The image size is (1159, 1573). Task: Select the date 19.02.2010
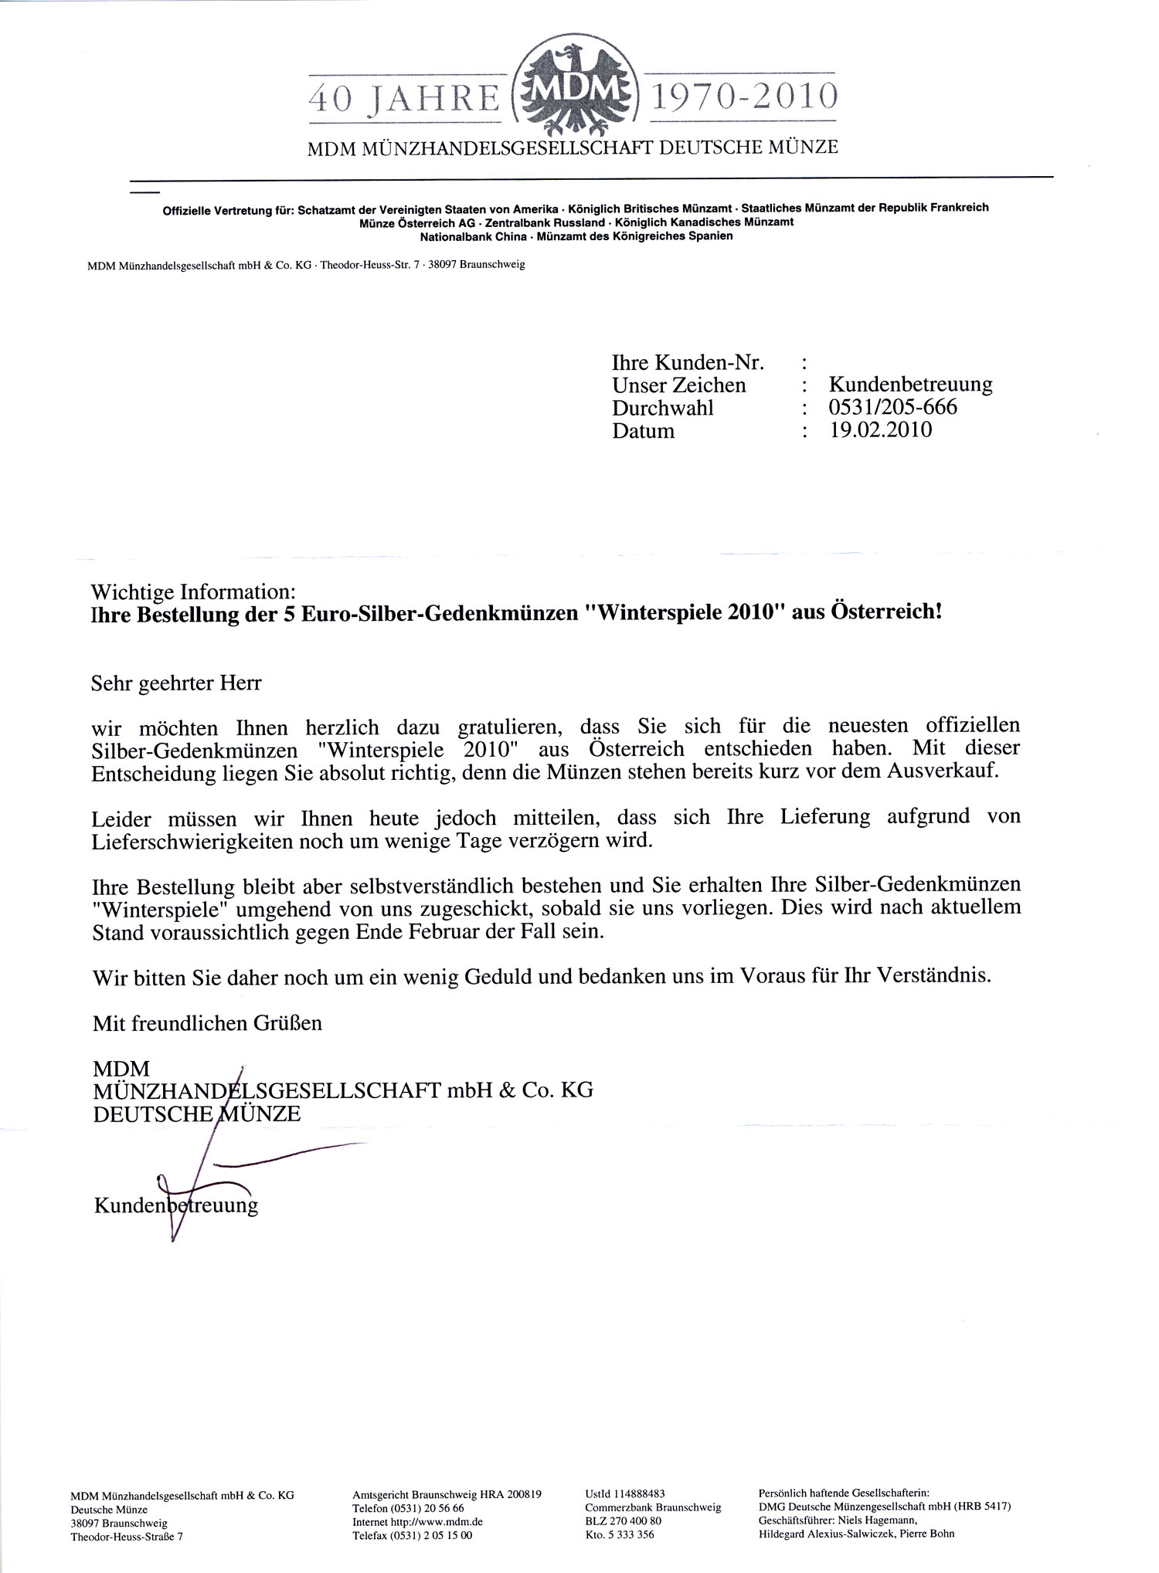tap(881, 430)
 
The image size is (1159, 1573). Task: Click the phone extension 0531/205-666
tap(893, 407)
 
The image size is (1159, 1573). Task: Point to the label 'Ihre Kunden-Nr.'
tap(688, 362)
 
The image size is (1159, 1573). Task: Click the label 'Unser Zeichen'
tap(679, 385)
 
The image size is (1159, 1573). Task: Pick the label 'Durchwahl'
tap(663, 408)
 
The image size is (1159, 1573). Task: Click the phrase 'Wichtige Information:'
tap(193, 592)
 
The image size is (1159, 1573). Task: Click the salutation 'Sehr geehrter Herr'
tap(177, 683)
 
